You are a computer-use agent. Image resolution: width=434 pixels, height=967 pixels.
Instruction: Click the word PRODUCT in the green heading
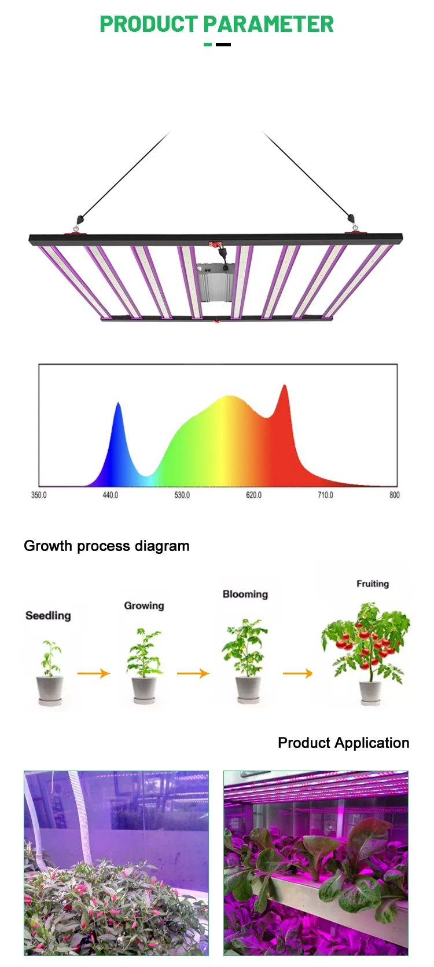149,24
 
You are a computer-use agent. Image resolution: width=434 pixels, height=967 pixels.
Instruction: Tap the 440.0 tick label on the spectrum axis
110,495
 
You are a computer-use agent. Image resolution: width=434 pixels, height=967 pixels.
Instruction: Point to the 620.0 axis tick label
253,495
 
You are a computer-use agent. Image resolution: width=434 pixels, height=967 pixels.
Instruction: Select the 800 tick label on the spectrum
394,495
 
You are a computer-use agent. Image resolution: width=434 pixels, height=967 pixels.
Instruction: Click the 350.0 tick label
39,495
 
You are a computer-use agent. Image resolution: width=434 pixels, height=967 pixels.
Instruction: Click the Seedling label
48,615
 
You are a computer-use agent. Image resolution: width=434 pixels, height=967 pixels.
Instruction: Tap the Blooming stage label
245,594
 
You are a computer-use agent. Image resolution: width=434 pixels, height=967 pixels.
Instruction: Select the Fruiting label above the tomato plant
373,583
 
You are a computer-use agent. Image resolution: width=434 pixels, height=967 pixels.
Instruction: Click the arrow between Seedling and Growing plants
94,673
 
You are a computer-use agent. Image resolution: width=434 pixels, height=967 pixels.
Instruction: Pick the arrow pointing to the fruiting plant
298,673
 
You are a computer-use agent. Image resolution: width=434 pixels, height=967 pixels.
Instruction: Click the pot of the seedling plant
50,689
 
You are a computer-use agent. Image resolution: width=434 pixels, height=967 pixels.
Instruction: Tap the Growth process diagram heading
106,546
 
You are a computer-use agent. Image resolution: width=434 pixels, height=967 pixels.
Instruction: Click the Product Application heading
343,743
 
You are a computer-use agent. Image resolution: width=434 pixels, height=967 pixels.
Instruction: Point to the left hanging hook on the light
79,220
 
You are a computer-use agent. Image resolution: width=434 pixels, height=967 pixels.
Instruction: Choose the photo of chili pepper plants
116,863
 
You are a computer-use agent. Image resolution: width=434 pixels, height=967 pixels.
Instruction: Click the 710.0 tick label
325,495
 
